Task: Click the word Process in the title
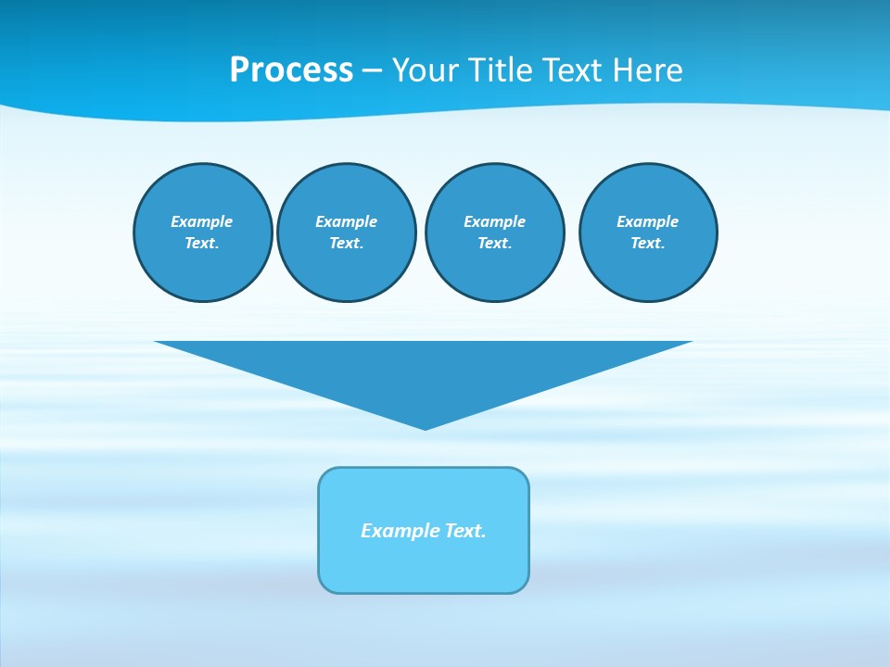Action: (291, 70)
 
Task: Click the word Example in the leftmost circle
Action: (202, 221)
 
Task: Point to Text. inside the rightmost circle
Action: (647, 243)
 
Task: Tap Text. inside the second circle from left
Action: (346, 243)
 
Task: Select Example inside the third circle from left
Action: (494, 221)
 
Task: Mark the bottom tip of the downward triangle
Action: (425, 427)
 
